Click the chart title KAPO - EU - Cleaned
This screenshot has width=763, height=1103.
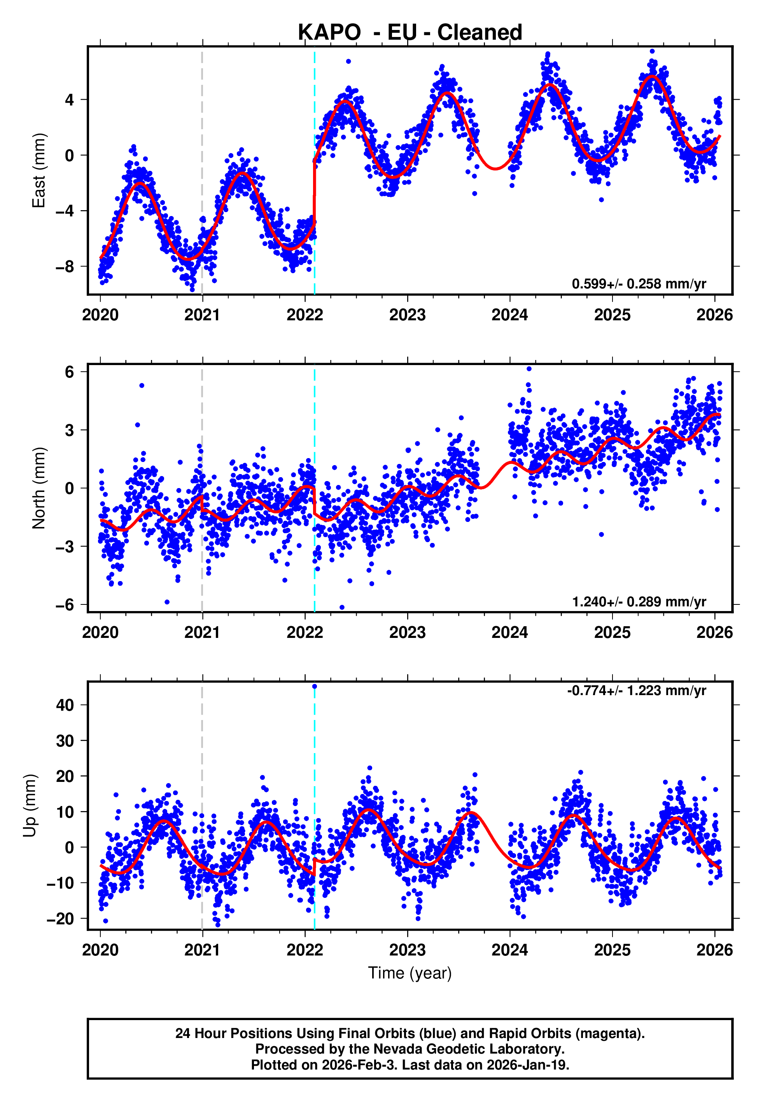[410, 33]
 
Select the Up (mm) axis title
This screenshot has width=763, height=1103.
[30, 806]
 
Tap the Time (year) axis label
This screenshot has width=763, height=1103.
[410, 973]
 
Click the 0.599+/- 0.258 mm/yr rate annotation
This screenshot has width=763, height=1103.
[639, 284]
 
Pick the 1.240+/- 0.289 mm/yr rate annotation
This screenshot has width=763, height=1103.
[639, 601]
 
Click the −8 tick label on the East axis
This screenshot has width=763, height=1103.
[65, 267]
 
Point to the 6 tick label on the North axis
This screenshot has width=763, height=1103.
[69, 372]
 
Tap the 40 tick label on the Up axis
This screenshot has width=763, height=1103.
[65, 705]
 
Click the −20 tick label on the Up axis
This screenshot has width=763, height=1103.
[60, 919]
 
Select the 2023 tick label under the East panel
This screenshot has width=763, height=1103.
[407, 315]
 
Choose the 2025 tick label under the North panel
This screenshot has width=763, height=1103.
[612, 632]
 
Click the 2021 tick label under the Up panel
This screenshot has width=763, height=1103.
[202, 950]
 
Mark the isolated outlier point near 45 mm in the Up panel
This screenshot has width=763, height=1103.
[315, 687]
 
